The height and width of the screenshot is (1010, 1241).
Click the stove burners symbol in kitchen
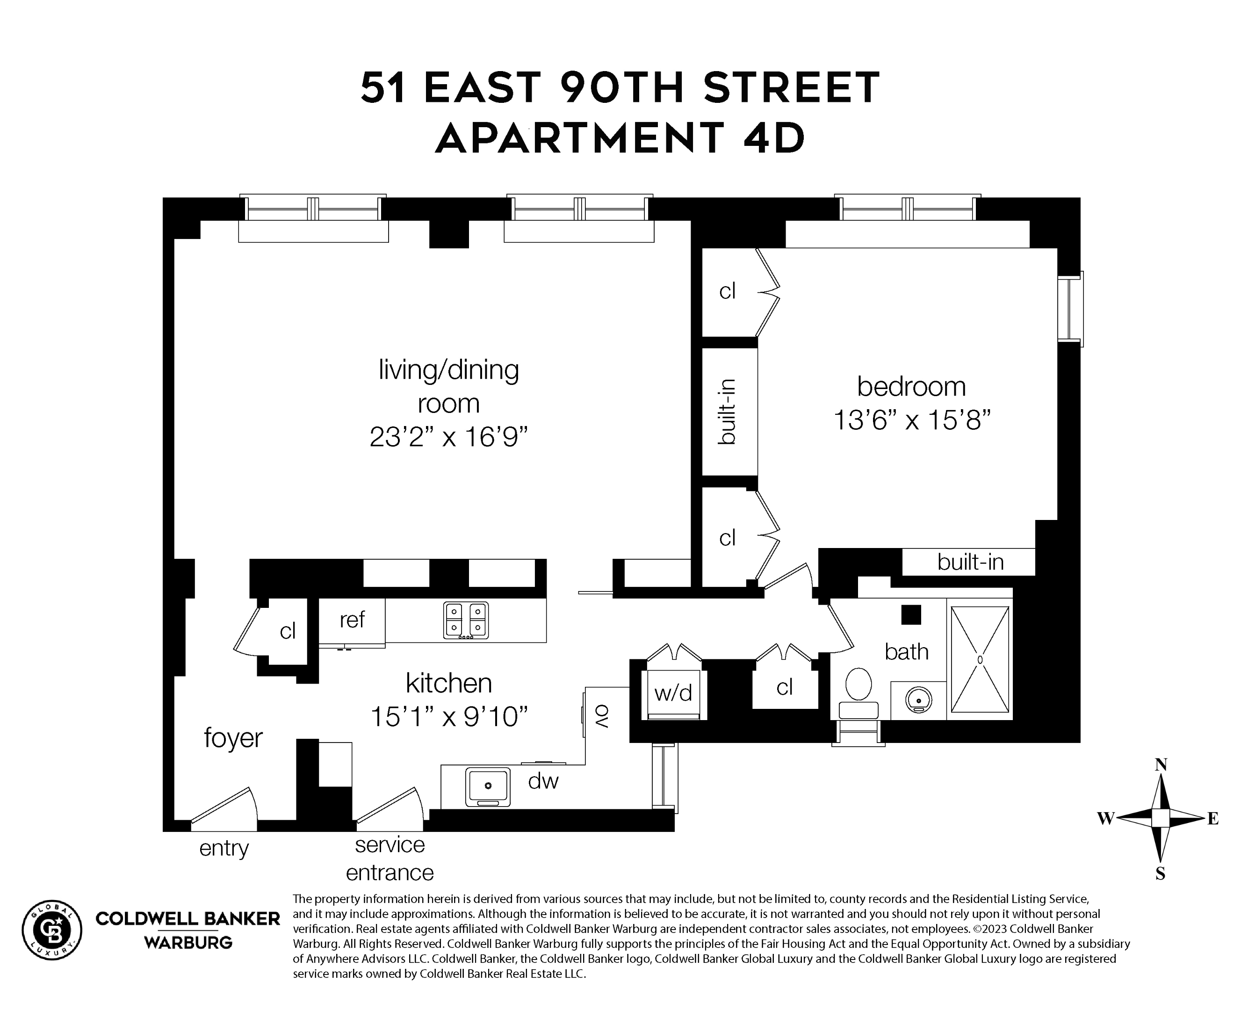pos(465,620)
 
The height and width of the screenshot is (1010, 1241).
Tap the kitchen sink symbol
pos(488,786)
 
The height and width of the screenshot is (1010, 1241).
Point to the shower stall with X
pos(980,659)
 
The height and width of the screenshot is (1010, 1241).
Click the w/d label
pos(673,693)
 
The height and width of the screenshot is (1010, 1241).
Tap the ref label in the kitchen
pos(352,620)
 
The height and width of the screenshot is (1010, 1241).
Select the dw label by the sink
pos(543,781)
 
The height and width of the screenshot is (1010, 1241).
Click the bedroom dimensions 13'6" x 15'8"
pos(912,419)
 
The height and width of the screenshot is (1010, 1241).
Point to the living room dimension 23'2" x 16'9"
pos(448,437)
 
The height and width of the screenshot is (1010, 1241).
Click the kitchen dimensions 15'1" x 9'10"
pos(448,717)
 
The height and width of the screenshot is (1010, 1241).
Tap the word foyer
pos(233,738)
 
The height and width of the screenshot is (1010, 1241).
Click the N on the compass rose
pos(1161,765)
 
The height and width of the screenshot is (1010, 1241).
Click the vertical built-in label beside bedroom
pos(727,411)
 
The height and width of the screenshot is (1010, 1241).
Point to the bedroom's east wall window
pos(1070,309)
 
